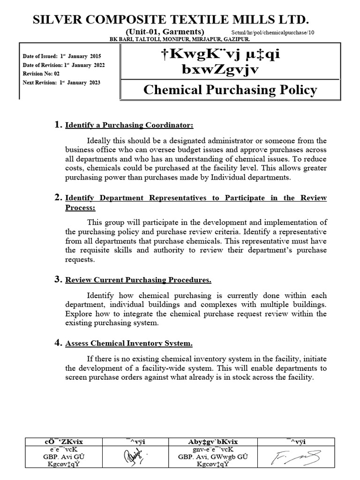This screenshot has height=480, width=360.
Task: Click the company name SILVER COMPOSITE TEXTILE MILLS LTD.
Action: click(x=171, y=19)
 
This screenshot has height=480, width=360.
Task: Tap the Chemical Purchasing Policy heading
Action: click(x=230, y=90)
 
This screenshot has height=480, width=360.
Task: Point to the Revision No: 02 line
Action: click(x=41, y=74)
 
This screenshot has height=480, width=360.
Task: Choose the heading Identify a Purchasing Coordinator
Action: click(x=129, y=125)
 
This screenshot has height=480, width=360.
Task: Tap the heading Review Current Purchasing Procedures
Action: click(x=138, y=280)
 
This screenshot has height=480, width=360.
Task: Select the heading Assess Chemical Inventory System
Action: click(x=129, y=344)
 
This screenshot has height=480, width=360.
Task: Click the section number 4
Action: click(x=59, y=343)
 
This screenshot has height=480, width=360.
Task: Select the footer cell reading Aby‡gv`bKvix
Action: click(x=213, y=442)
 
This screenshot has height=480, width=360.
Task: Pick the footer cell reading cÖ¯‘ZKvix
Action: click(x=63, y=442)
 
